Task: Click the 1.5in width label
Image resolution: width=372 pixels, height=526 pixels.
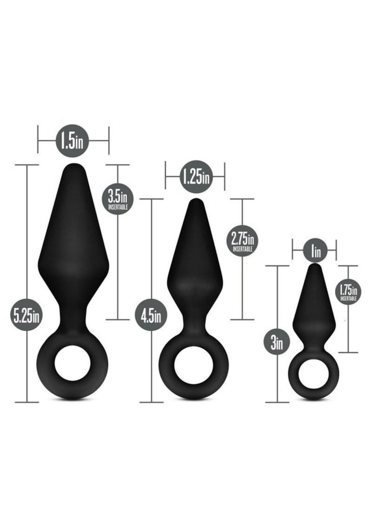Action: coord(73,140)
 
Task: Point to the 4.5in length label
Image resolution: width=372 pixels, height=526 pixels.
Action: coord(151,316)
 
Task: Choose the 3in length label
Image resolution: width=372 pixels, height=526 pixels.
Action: coord(277,343)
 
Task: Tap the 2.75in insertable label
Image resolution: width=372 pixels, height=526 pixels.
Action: coord(243,241)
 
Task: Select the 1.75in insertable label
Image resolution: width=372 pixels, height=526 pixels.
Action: coord(348,291)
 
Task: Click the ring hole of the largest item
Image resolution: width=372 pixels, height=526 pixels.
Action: coord(73,363)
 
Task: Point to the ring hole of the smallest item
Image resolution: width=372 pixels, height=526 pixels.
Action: coord(313,376)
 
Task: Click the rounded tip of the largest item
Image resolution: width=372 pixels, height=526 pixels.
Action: coord(73,167)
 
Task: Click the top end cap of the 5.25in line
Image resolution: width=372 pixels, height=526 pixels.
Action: coord(27,164)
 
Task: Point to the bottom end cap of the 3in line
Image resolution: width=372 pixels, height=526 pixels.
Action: coord(277,402)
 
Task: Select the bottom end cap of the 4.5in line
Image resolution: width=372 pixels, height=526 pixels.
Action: coord(151,402)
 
